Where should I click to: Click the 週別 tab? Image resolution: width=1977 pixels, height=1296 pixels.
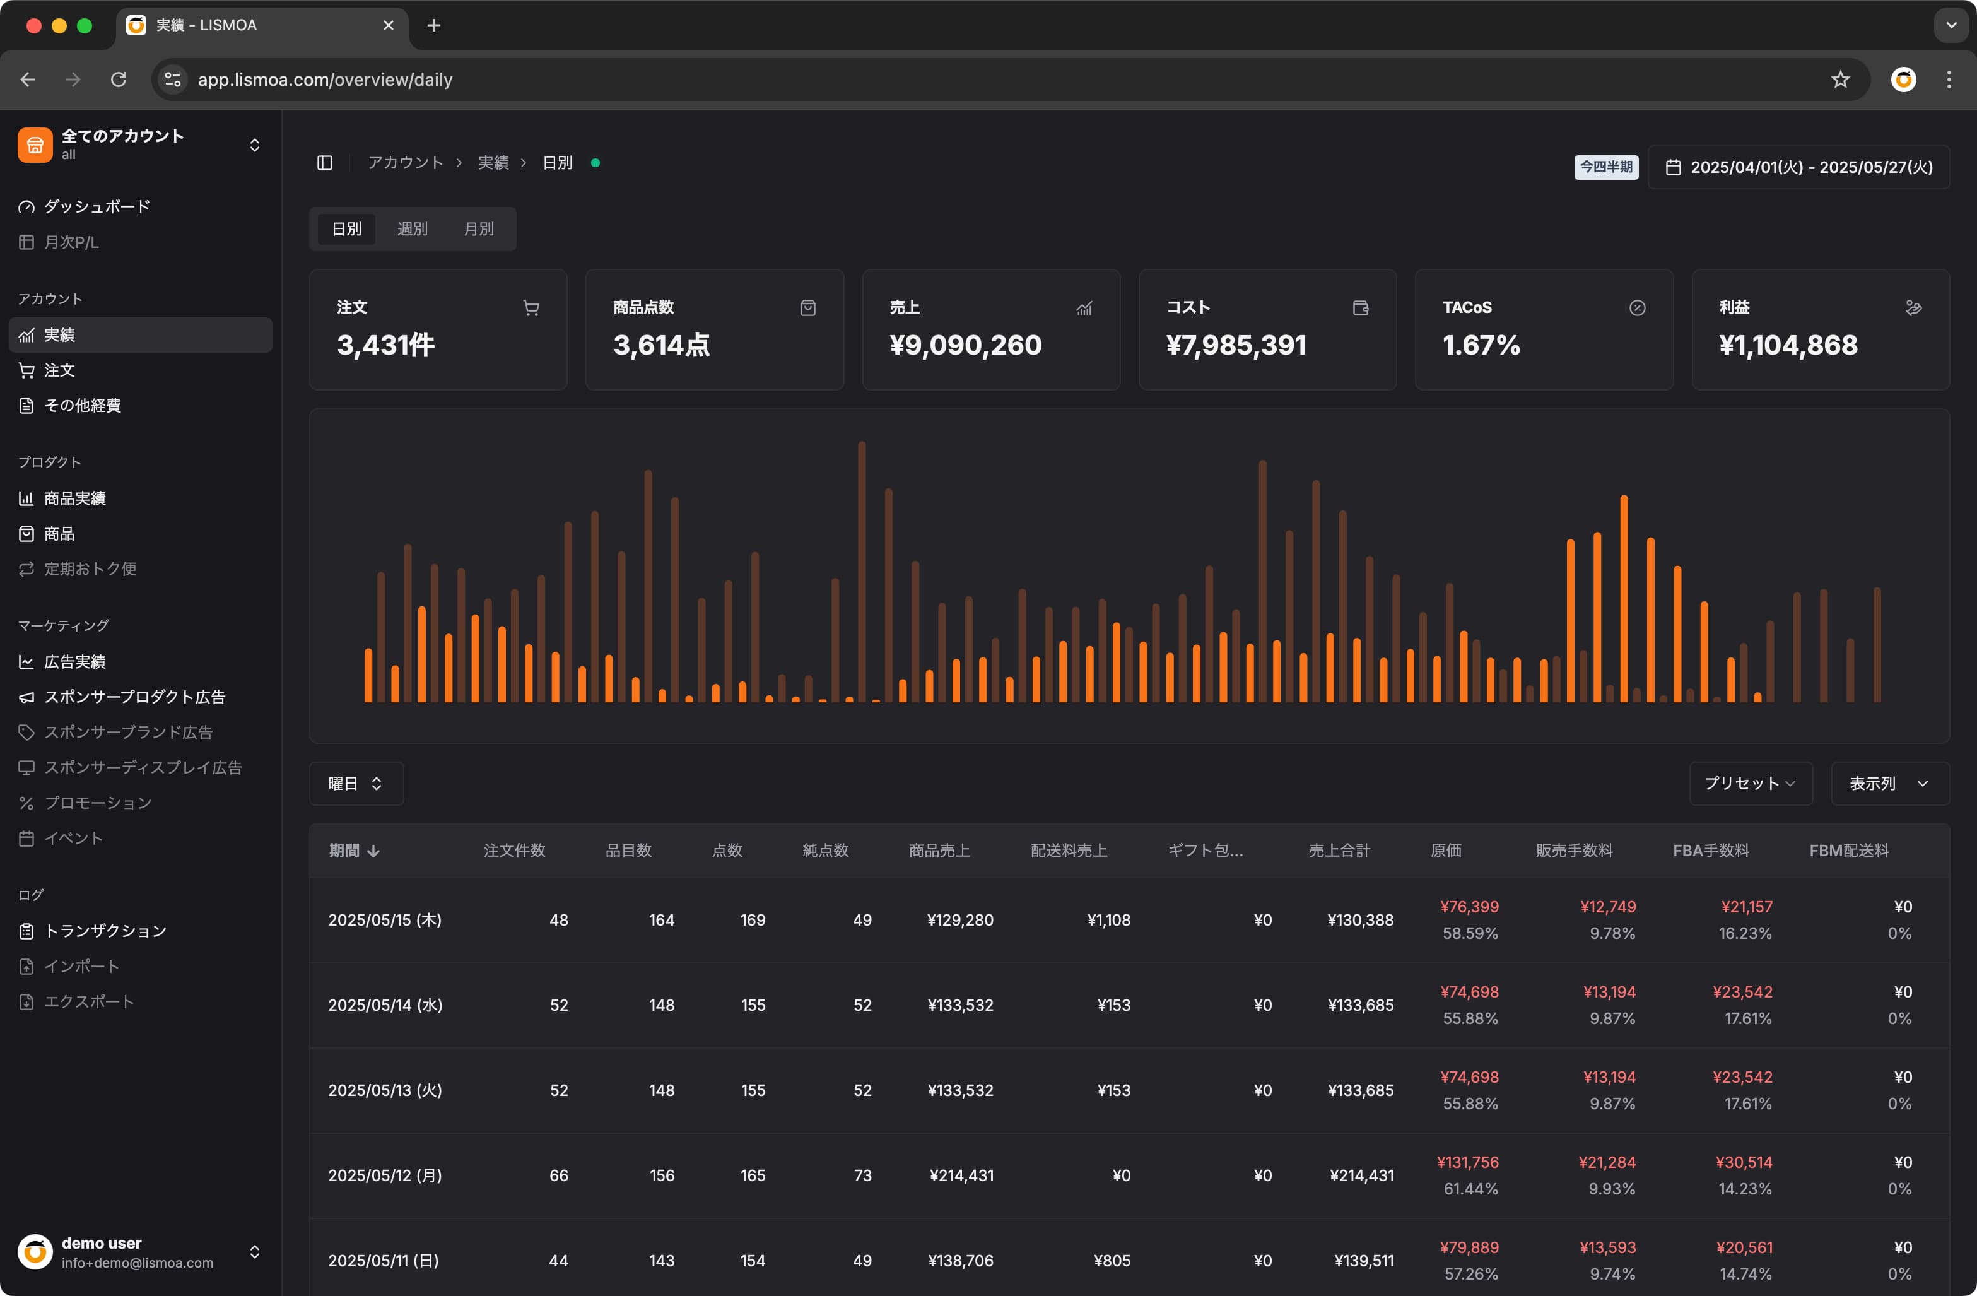point(412,228)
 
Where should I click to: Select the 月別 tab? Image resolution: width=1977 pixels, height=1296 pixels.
point(478,228)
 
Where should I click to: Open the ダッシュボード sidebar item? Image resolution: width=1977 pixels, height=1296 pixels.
point(97,206)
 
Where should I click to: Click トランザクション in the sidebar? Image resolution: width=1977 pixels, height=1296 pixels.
point(105,931)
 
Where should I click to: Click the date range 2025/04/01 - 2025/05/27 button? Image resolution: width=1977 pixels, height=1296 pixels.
point(1798,167)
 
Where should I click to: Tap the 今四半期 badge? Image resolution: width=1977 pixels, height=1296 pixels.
point(1605,167)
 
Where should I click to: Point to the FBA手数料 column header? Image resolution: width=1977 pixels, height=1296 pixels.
point(1710,850)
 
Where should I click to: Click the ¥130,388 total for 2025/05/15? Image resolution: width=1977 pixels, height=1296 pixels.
point(1360,920)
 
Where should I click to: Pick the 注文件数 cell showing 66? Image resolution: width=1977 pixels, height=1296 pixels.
point(558,1175)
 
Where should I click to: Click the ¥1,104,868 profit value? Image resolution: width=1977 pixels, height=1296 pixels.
point(1788,345)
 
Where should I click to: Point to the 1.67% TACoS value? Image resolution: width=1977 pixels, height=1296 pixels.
point(1481,345)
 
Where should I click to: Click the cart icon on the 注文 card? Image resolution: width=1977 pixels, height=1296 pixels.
point(531,308)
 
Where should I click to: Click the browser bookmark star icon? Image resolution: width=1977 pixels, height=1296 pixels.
point(1840,80)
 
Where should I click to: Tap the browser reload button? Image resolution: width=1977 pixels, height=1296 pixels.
point(119,80)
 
